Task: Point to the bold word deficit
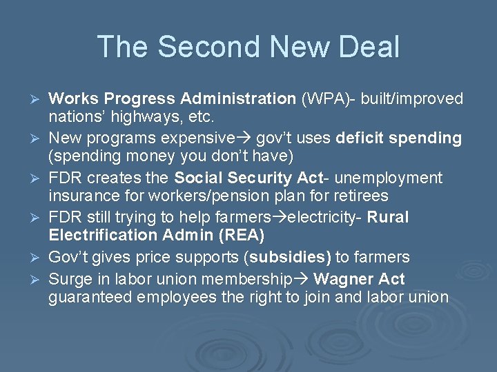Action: tap(360, 138)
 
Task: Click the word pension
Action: tap(206, 196)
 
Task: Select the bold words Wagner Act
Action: tap(360, 279)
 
